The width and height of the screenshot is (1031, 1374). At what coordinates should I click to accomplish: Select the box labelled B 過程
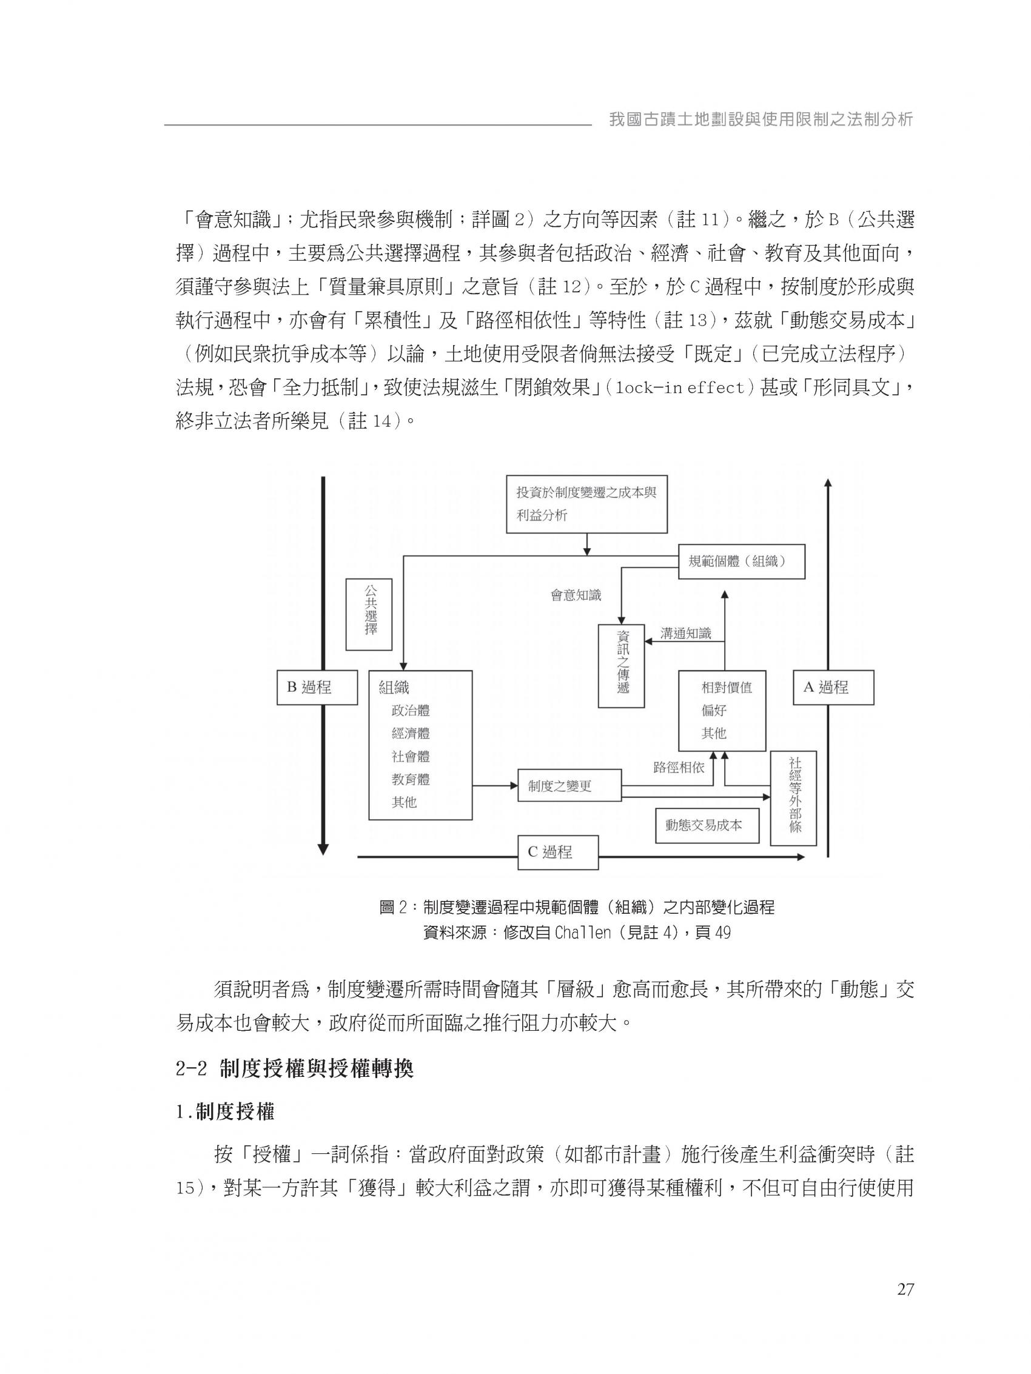(x=317, y=687)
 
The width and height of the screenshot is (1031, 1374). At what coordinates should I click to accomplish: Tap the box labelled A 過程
(x=833, y=687)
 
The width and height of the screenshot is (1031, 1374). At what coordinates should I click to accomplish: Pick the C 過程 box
(x=557, y=851)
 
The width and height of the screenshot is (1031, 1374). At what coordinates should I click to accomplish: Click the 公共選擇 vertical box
(x=369, y=614)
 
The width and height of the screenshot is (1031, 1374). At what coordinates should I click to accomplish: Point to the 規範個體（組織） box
(x=741, y=561)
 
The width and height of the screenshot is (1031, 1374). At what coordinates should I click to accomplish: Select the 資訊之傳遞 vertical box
(x=622, y=665)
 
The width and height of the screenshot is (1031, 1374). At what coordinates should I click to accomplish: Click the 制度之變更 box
(x=569, y=786)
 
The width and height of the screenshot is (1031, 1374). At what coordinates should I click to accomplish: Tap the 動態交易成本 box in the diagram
(x=707, y=825)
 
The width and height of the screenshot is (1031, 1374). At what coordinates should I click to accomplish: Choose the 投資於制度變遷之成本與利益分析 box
(x=586, y=504)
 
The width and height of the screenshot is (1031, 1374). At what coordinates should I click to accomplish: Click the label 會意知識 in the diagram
(x=576, y=595)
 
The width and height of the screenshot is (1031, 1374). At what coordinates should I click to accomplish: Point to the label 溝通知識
(x=685, y=634)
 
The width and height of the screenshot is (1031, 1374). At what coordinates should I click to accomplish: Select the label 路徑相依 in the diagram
(x=679, y=767)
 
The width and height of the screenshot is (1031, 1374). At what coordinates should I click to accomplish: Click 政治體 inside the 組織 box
(x=410, y=710)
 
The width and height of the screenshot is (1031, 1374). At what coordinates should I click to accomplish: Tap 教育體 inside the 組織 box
(x=410, y=779)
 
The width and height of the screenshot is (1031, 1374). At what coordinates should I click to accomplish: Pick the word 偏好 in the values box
(x=714, y=710)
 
